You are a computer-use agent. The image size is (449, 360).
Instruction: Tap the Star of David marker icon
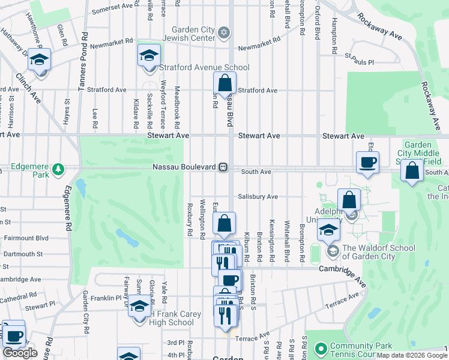coord(224,32)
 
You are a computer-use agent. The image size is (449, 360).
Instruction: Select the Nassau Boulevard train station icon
coord(223,167)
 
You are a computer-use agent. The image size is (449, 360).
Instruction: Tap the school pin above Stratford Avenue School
coord(149,56)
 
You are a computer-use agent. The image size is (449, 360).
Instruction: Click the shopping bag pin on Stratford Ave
coord(224,83)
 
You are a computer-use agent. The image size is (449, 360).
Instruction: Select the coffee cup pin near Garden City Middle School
coord(367,161)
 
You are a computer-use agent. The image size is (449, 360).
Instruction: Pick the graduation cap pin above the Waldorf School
coord(328,229)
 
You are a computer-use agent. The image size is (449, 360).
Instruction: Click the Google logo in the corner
coord(20,353)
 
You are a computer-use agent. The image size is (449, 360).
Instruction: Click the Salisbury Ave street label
coord(258,196)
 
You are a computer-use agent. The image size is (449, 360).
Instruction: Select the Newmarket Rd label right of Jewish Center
coord(259,47)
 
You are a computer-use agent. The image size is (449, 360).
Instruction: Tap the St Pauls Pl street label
coord(360,62)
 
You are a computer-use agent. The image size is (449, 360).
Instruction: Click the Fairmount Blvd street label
coord(26,238)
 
